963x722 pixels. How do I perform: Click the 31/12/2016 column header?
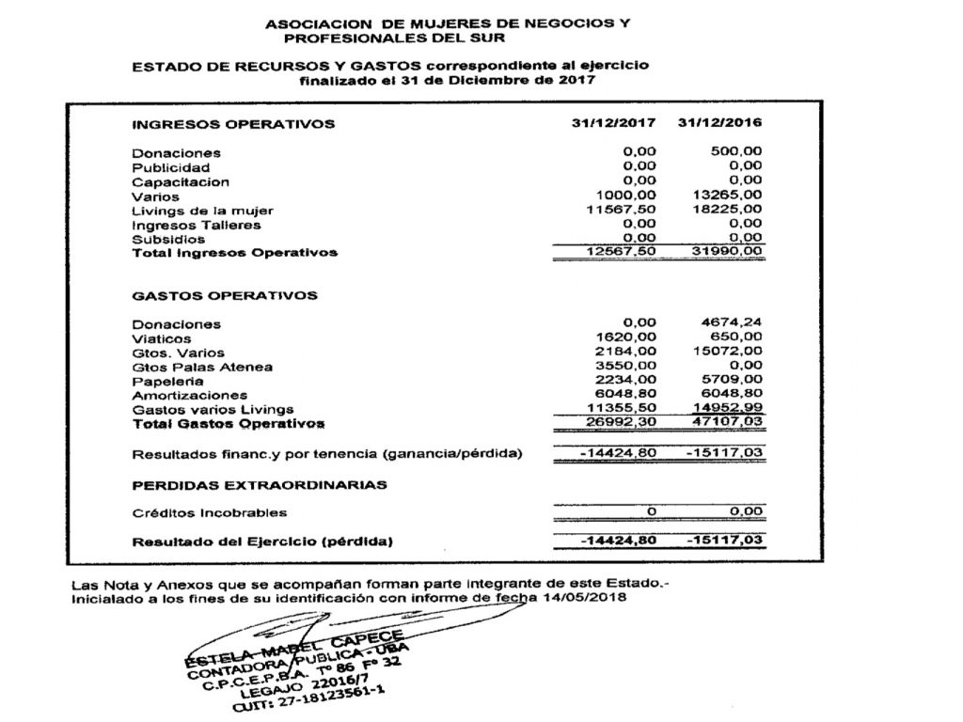coord(719,123)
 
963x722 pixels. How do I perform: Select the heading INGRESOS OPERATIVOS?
coord(232,124)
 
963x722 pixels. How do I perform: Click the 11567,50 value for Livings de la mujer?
coord(620,210)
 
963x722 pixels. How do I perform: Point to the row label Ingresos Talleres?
coord(197,225)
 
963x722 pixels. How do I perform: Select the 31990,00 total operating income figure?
coord(725,252)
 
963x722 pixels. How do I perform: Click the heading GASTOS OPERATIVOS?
coord(225,295)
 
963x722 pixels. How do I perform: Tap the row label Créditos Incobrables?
coord(210,513)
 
